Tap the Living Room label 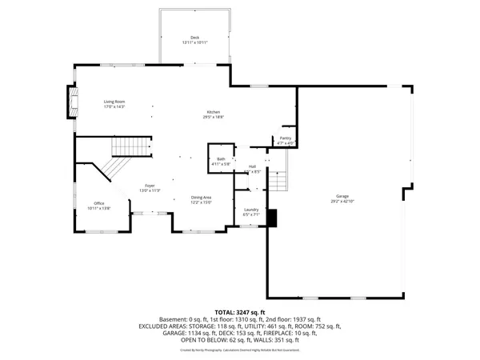pyautogui.click(x=114, y=102)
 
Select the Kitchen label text pyautogui.click(x=213, y=112)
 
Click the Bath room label pyautogui.click(x=220, y=159)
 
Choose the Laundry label pyautogui.click(x=250, y=210)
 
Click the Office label pyautogui.click(x=99, y=203)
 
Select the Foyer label pyautogui.click(x=150, y=186)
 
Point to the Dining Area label pyautogui.click(x=201, y=198)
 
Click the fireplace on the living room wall pyautogui.click(x=70, y=103)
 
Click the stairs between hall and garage pyautogui.click(x=277, y=180)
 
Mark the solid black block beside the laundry pyautogui.click(x=273, y=217)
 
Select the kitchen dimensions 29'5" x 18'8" pyautogui.click(x=213, y=117)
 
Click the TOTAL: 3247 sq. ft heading pyautogui.click(x=240, y=311)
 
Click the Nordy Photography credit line pyautogui.click(x=240, y=350)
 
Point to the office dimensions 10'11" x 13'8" pyautogui.click(x=99, y=208)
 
